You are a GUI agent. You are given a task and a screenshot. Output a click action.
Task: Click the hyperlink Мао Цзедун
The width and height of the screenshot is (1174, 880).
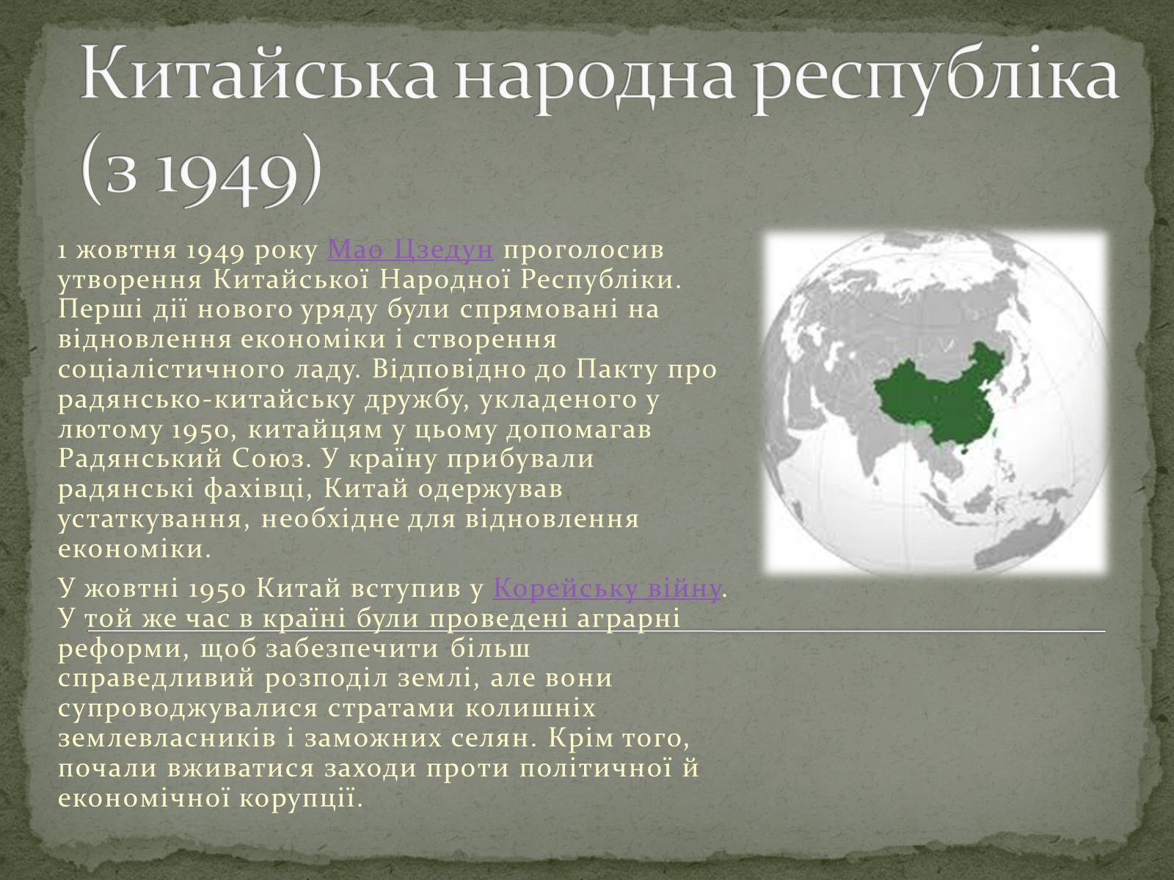[410, 250]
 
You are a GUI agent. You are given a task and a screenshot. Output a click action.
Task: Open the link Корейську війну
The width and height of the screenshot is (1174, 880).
[607, 588]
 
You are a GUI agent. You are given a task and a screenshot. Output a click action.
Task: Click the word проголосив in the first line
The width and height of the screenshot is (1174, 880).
[584, 251]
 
